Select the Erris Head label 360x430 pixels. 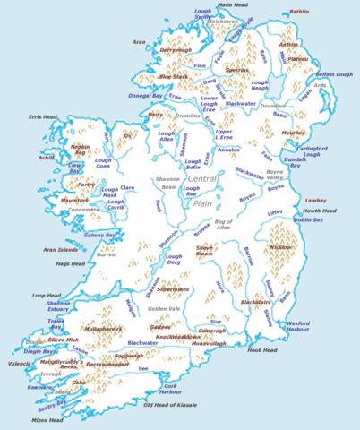43,116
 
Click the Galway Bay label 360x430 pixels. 100,235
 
